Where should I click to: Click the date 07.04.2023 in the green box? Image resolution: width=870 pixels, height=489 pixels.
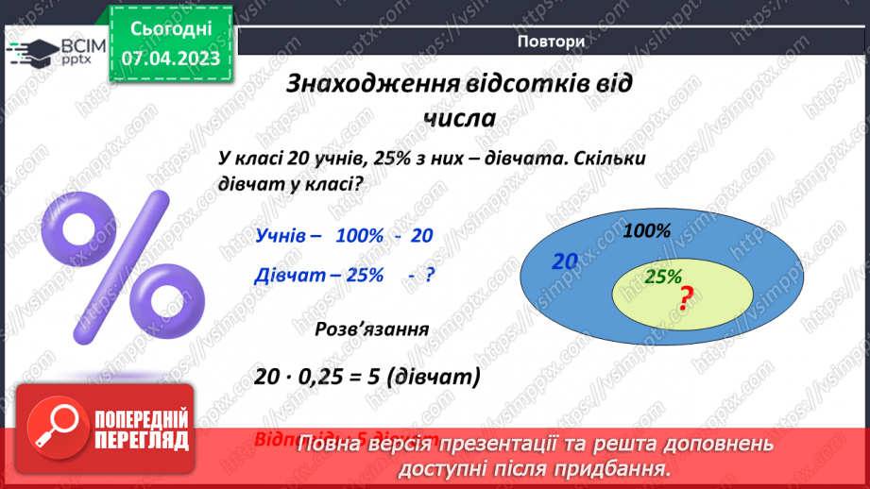click(170, 59)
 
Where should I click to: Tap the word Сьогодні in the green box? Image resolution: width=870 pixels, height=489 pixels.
click(170, 28)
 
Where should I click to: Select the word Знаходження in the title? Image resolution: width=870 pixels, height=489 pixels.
click(372, 84)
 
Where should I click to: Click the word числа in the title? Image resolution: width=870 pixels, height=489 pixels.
click(459, 119)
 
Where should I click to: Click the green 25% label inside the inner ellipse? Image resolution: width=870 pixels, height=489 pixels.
click(663, 277)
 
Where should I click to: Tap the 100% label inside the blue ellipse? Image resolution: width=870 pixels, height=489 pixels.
click(647, 230)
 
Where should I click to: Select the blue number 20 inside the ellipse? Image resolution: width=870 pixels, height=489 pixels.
click(565, 261)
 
